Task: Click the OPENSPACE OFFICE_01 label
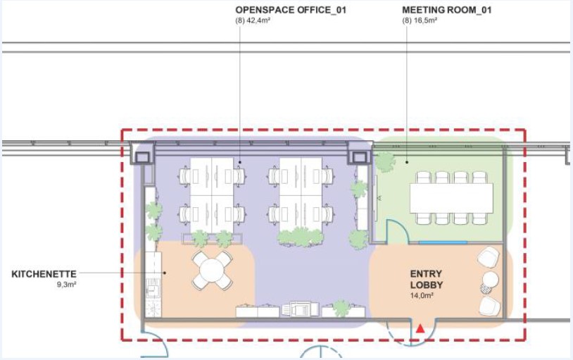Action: (x=291, y=10)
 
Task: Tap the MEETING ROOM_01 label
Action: (x=446, y=10)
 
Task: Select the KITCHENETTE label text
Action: (x=44, y=274)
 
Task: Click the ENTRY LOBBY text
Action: (x=427, y=279)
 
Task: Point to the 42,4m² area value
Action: (x=258, y=20)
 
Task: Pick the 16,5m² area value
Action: (x=425, y=20)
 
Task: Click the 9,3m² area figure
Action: (x=66, y=285)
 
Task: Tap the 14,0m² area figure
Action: (x=422, y=295)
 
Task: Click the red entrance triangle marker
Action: (x=420, y=328)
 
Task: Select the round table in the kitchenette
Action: (x=212, y=271)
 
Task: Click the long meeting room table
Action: (x=451, y=198)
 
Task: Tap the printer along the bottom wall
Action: (x=300, y=309)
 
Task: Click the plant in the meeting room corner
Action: (x=385, y=162)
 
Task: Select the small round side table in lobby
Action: (x=490, y=280)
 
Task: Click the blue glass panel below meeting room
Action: (x=443, y=242)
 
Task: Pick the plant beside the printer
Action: (x=341, y=308)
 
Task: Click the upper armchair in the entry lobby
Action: (x=489, y=257)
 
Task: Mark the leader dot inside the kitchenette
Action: (x=165, y=273)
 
